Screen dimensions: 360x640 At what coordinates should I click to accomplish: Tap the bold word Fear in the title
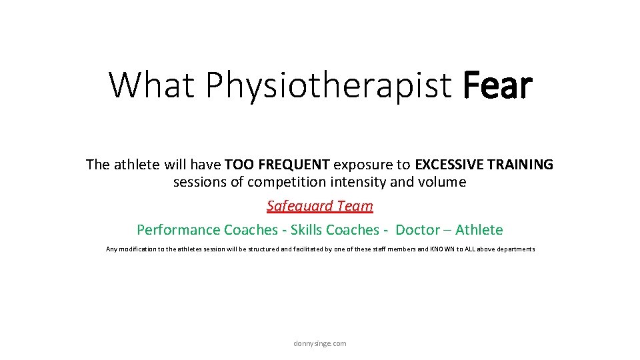(497, 85)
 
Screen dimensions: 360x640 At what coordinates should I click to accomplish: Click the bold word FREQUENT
(298, 165)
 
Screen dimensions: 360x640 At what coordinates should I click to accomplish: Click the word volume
(445, 182)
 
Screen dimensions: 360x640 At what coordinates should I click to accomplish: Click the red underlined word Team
(355, 206)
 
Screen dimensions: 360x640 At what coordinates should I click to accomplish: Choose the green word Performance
(178, 230)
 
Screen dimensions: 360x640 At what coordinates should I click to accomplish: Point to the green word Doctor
(417, 230)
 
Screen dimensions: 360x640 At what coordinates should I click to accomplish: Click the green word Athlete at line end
(479, 230)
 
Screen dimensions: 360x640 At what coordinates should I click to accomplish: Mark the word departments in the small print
(515, 249)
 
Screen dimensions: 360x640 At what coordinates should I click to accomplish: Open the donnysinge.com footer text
(320, 343)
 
